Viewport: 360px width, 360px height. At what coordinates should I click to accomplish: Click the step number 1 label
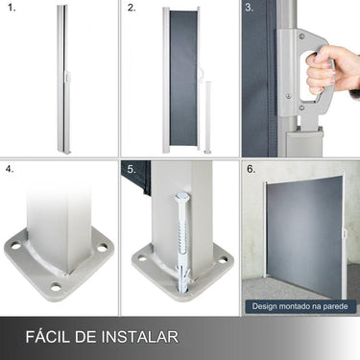pyautogui.click(x=11, y=11)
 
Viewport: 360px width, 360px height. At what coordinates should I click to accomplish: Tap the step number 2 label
pyautogui.click(x=132, y=11)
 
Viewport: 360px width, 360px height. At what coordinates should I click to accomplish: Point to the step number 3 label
pyautogui.click(x=251, y=11)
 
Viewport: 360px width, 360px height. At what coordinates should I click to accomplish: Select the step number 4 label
pyautogui.click(x=11, y=170)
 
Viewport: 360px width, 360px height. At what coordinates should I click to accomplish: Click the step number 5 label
pyautogui.click(x=132, y=170)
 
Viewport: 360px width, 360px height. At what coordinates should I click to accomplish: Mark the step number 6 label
pyautogui.click(x=251, y=170)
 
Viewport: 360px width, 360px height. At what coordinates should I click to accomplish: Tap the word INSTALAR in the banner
pyautogui.click(x=141, y=336)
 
